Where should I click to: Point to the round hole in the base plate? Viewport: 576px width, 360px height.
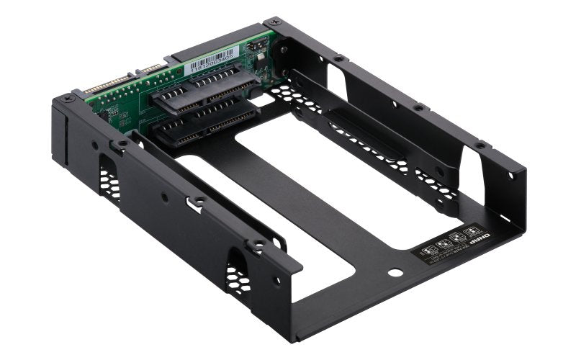[395, 274]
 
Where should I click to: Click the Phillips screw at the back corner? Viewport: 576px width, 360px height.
[269, 24]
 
